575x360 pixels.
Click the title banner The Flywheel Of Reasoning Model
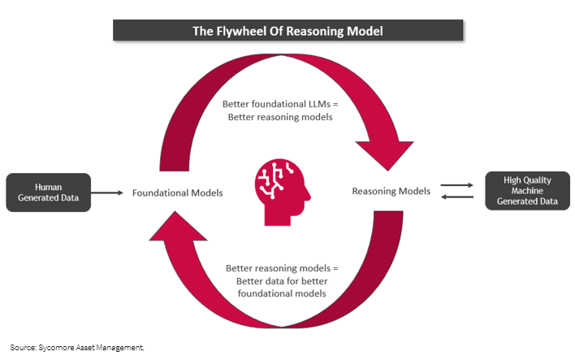[287, 31]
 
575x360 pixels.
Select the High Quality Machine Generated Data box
[527, 192]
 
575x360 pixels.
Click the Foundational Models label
[177, 193]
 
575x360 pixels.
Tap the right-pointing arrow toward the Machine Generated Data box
[456, 186]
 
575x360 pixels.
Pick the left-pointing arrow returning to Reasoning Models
[456, 198]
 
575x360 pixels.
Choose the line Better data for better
[280, 282]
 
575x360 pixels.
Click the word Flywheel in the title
[257, 32]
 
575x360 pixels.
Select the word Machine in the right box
[527, 192]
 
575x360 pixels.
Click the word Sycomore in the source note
[59, 346]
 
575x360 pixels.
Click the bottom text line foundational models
[280, 294]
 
